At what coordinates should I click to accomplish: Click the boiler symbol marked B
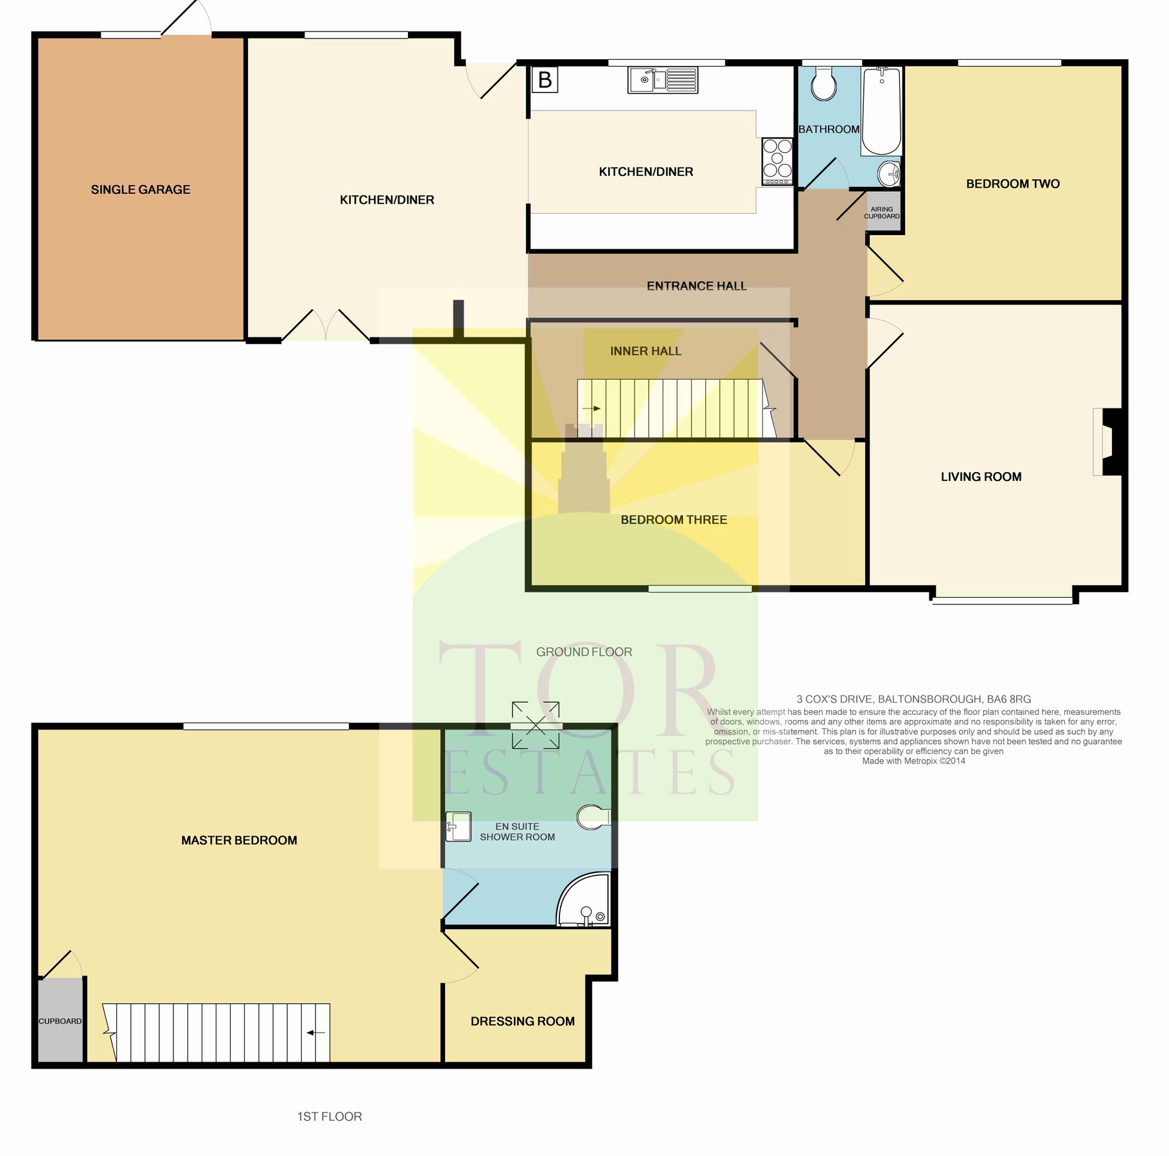pos(545,80)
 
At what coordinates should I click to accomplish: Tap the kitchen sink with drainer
pos(662,81)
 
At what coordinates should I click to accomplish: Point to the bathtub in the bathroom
pos(881,110)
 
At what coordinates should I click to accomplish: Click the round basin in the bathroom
pos(889,172)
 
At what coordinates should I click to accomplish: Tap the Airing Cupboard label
pos(882,213)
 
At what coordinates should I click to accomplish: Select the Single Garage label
pos(140,189)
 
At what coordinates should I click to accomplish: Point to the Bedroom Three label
pos(674,520)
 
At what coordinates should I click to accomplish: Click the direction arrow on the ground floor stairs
pos(592,408)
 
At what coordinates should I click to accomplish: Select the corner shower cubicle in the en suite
pos(584,901)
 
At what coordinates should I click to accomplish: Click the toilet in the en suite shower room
pos(593,817)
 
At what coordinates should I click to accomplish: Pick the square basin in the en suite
pos(459,827)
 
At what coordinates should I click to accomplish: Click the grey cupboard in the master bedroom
pos(60,1020)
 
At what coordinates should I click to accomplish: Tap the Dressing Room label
pos(522,1021)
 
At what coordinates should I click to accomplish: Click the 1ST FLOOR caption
pos(329,1117)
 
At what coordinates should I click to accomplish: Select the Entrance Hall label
pos(696,286)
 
